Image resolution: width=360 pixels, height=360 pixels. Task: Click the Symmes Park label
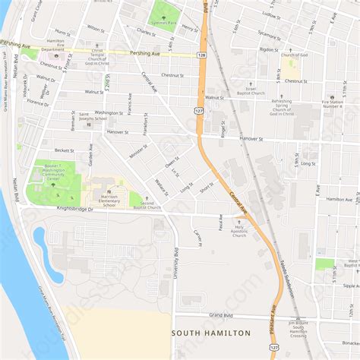[x=163, y=23]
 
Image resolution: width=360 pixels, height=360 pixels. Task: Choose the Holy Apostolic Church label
[x=240, y=230]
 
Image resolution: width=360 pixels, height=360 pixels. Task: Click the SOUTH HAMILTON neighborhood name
[x=211, y=333]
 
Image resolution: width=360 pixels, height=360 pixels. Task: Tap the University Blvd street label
[x=175, y=263]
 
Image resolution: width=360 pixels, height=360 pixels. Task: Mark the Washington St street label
[x=109, y=112]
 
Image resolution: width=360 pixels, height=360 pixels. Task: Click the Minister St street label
[x=138, y=150]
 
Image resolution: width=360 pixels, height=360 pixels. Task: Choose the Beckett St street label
[x=64, y=151]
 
